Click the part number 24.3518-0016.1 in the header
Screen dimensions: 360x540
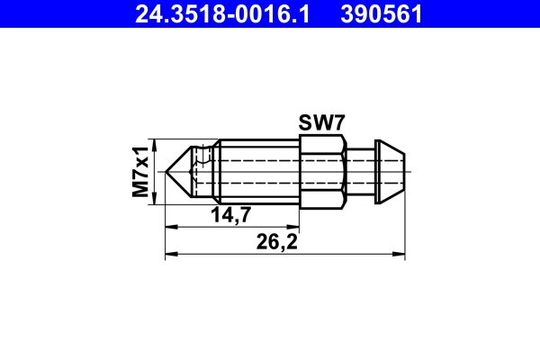pyautogui.click(x=220, y=14)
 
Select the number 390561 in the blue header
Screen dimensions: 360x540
pyautogui.click(x=379, y=14)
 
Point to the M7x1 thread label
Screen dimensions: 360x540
pyautogui.click(x=140, y=171)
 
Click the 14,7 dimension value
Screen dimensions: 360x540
pyautogui.click(x=230, y=214)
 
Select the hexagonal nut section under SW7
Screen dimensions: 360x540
pyautogui.click(x=321, y=170)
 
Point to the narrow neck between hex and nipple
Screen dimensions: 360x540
pyautogui.click(x=359, y=170)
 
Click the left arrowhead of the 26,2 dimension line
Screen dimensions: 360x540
pyautogui.click(x=170, y=255)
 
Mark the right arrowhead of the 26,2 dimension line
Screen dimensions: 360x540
pyautogui.click(x=401, y=255)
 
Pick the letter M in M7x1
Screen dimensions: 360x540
pyautogui.click(x=140, y=190)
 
